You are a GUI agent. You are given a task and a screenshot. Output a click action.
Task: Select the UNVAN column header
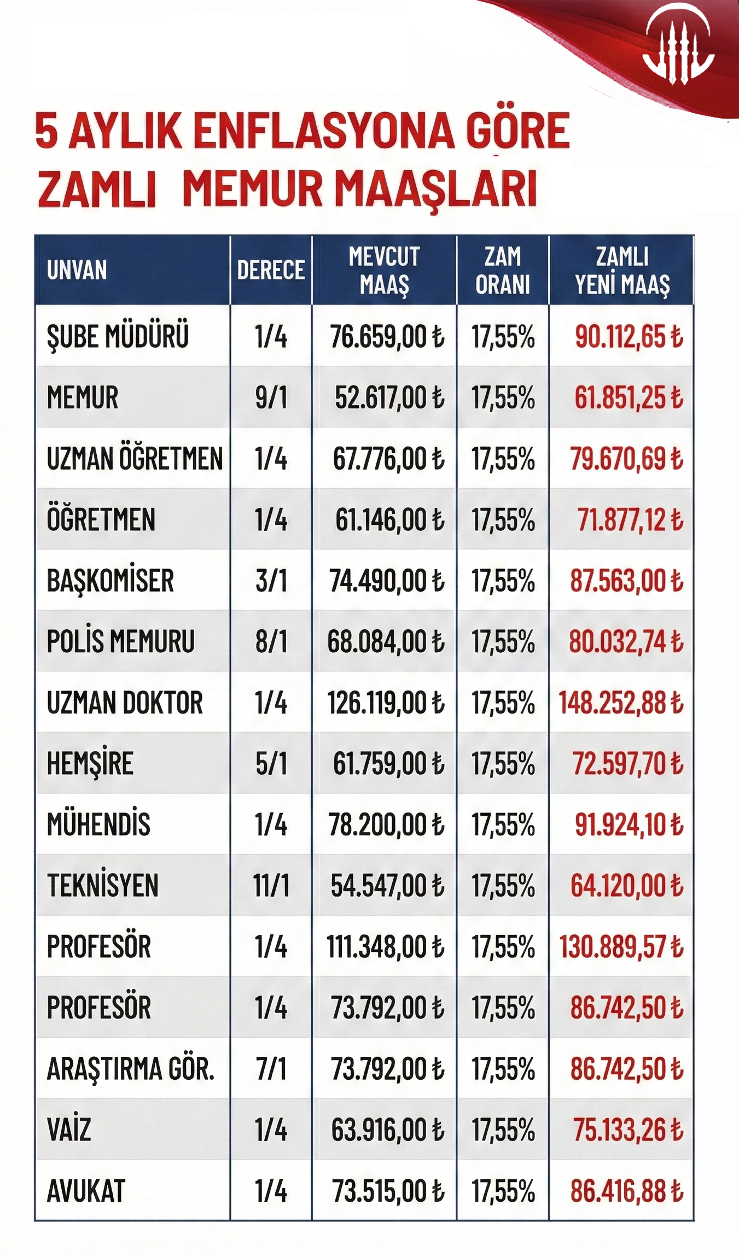point(77,270)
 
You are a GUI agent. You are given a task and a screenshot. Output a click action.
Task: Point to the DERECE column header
point(271,270)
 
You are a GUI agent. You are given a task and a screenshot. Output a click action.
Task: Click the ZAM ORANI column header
point(503,270)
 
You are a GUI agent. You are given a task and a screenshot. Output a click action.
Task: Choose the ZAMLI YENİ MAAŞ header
point(622,270)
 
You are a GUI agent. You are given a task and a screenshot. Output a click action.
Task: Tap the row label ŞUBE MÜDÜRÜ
point(118,336)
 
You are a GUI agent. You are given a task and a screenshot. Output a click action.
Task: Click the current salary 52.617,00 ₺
point(389,397)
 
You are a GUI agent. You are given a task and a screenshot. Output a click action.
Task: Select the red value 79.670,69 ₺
point(626,458)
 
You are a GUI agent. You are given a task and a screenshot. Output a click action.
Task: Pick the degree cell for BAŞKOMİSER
point(271,581)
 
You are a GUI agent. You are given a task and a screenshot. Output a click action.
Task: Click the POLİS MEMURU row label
point(120,641)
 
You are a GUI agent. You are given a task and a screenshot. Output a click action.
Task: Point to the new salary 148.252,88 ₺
point(621,703)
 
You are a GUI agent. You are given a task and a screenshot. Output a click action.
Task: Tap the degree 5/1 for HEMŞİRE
point(271,764)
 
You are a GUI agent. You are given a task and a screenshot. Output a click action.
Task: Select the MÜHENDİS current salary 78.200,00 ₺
point(386,825)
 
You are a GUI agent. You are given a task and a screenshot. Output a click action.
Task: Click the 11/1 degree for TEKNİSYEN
point(271,886)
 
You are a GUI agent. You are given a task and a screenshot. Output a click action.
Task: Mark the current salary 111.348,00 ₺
point(385,947)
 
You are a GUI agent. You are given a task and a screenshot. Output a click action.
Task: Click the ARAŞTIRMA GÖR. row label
point(130,1069)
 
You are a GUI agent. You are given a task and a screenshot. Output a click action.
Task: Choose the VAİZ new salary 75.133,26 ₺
point(628,1130)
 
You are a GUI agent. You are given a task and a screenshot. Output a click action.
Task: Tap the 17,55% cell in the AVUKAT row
point(503,1191)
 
